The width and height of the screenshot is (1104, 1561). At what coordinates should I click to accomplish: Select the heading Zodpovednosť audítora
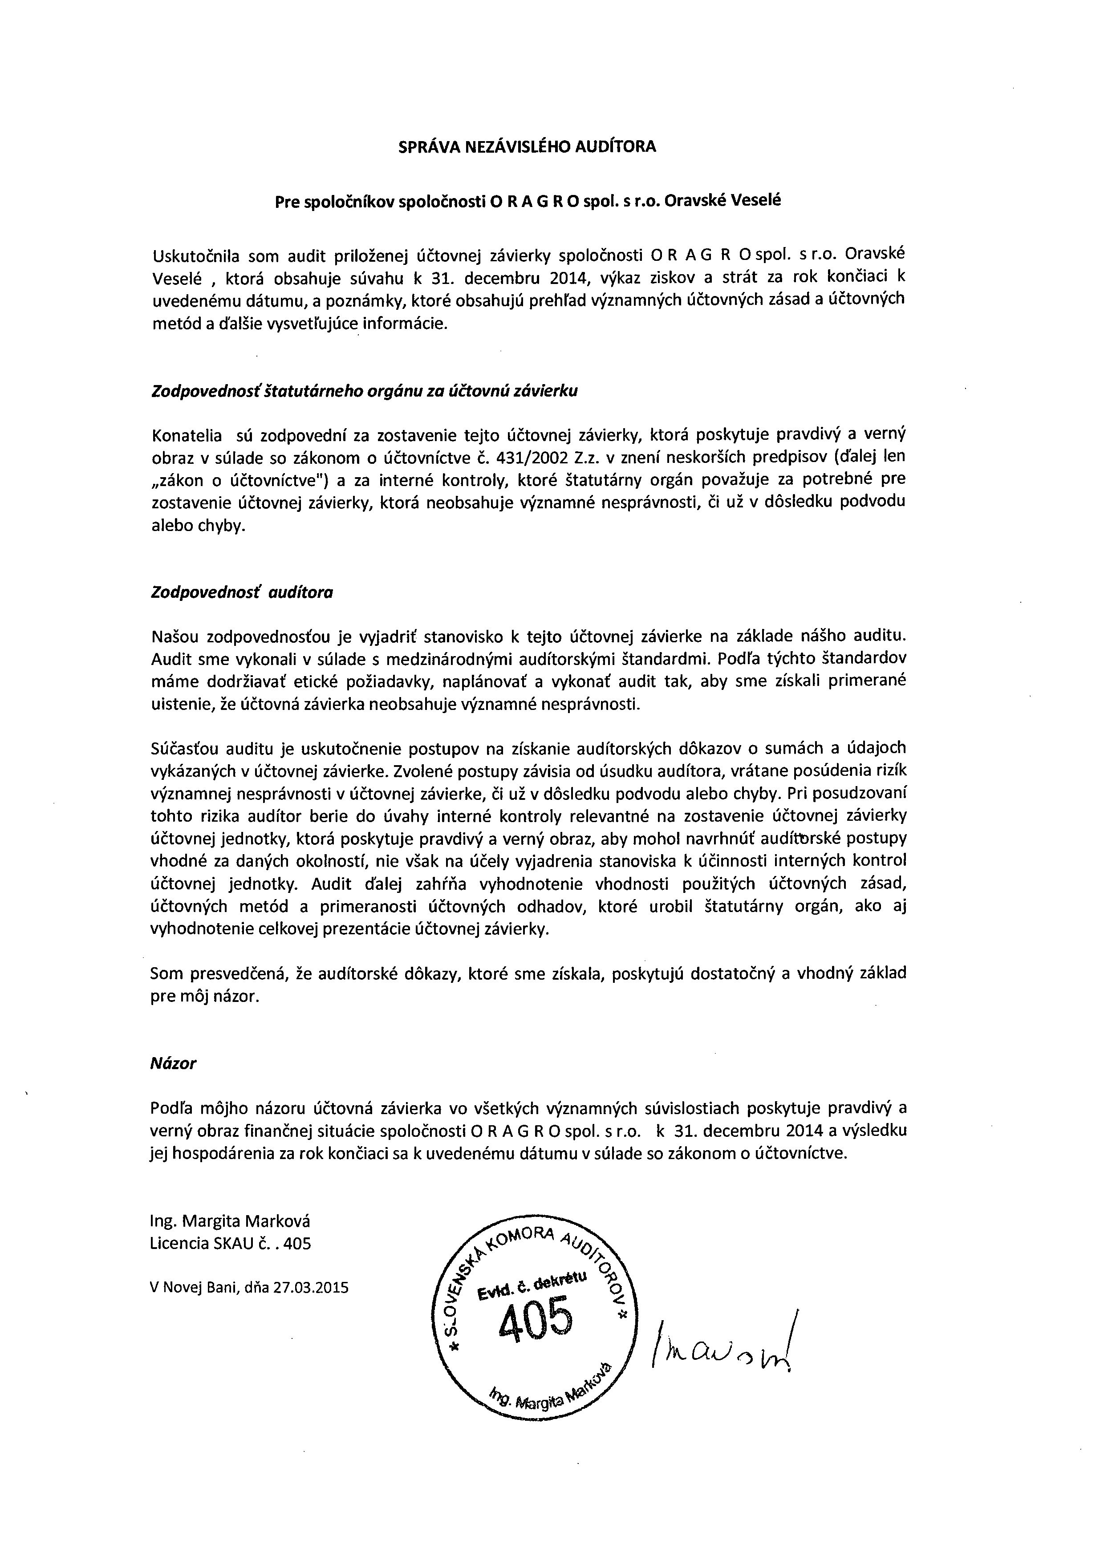(241, 592)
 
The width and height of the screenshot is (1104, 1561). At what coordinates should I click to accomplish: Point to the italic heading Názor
(173, 1063)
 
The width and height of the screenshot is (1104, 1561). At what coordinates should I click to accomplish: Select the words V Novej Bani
(187, 1287)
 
